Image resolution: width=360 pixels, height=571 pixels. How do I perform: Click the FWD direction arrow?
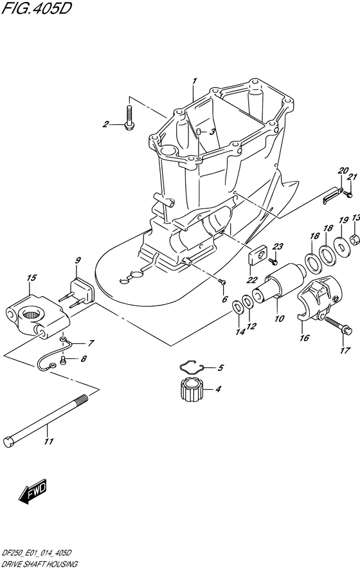[x=33, y=491]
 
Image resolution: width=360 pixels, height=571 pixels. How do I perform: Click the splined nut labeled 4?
[x=192, y=390]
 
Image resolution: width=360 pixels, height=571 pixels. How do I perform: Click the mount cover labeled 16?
[x=319, y=298]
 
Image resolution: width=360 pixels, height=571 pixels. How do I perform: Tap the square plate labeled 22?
[x=258, y=255]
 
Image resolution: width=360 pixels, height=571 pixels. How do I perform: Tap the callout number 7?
[x=90, y=343]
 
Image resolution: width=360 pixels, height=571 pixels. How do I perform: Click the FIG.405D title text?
[x=37, y=8]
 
